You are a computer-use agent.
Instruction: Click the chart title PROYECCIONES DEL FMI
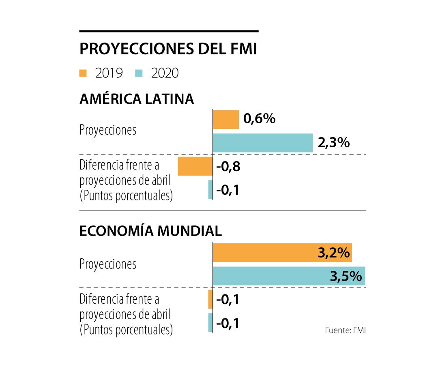point(168,49)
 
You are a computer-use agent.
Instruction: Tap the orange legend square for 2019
point(83,73)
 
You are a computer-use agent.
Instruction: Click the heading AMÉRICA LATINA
point(137,99)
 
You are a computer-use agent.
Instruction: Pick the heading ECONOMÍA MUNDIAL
point(150,231)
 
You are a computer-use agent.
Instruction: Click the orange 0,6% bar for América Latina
point(226,120)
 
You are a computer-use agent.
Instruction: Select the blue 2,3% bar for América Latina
point(263,143)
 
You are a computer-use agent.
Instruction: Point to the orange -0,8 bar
point(195,166)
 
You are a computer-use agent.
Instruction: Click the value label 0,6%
point(260,119)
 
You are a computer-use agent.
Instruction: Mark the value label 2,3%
point(334,143)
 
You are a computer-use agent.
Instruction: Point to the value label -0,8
point(228,166)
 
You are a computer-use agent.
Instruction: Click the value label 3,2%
point(334,253)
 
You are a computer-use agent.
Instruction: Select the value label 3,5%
point(346,276)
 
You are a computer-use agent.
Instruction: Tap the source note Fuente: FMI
point(345,330)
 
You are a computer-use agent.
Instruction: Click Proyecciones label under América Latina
point(108,131)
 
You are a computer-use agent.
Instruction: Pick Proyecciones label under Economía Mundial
point(108,264)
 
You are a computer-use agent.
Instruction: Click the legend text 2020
point(165,73)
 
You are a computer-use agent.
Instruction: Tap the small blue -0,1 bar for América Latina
point(210,189)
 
